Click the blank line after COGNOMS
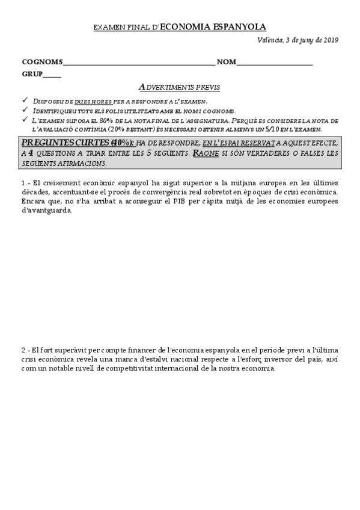pos(138,63)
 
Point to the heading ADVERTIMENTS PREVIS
pos(179,87)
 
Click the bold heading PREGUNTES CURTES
pos(65,143)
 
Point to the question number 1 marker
pos(25,183)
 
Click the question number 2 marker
pos(25,350)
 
